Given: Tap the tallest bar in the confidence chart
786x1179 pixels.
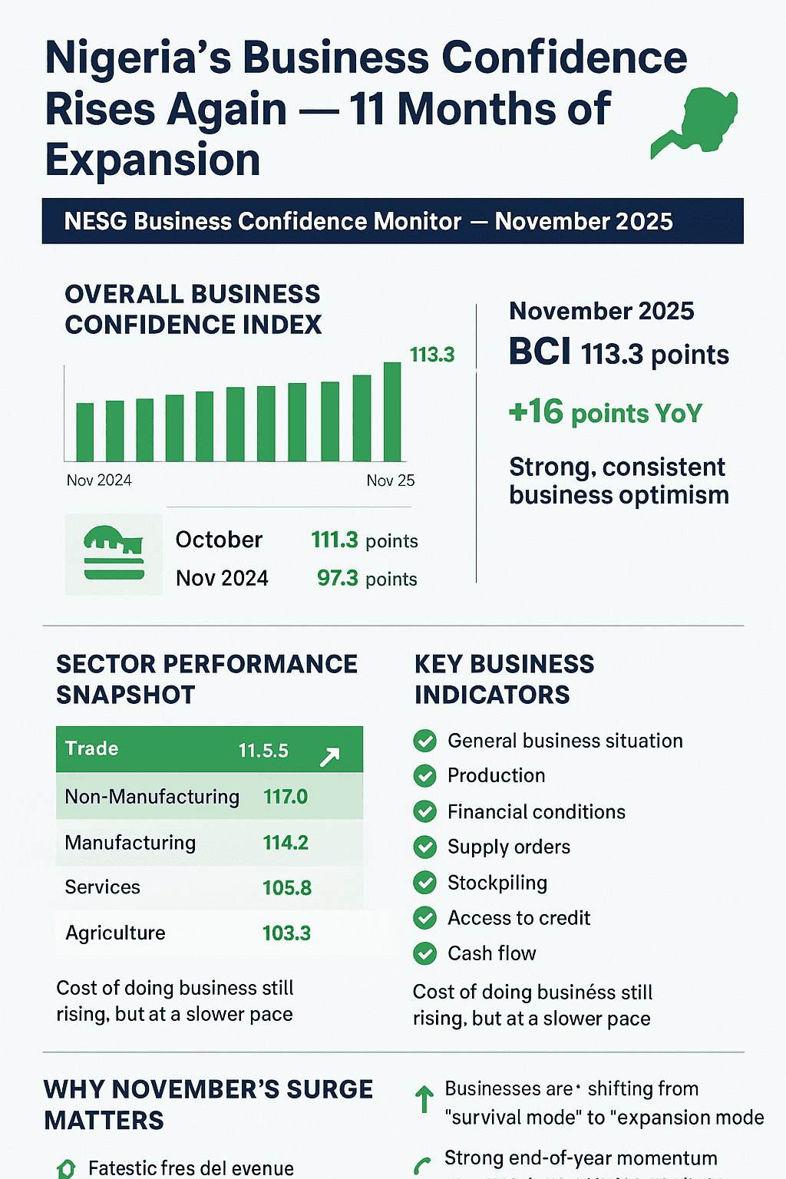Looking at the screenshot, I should pyautogui.click(x=392, y=412).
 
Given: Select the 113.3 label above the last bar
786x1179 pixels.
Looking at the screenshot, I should pyautogui.click(x=432, y=355).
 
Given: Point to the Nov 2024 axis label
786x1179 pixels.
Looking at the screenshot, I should pyautogui.click(x=99, y=481).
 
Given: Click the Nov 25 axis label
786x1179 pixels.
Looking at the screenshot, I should pyautogui.click(x=390, y=481).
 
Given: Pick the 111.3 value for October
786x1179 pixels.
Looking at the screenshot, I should pyautogui.click(x=335, y=540).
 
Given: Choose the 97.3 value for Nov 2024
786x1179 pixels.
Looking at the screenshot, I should pyautogui.click(x=338, y=578).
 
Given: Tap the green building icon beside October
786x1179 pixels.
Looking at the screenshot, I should pyautogui.click(x=114, y=553).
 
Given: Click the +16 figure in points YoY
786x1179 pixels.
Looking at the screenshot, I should pyautogui.click(x=536, y=412).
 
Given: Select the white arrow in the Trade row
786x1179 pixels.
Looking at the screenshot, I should pyautogui.click(x=329, y=758).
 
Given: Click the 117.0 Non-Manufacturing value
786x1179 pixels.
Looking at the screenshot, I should pyautogui.click(x=286, y=797).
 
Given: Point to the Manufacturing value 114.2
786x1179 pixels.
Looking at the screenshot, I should pyautogui.click(x=286, y=843).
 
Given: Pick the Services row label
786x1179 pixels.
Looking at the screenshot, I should pyautogui.click(x=102, y=887).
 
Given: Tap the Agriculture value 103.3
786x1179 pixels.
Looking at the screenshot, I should pyautogui.click(x=286, y=933).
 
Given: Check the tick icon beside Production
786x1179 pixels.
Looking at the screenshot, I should pyautogui.click(x=424, y=776).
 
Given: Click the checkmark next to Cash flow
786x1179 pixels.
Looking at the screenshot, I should pyautogui.click(x=424, y=954).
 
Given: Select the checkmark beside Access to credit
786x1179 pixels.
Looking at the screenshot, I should pyautogui.click(x=424, y=918).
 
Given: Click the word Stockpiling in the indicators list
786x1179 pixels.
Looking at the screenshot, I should pyautogui.click(x=497, y=883).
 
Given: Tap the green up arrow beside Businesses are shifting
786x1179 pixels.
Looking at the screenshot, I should pyautogui.click(x=424, y=1099).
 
